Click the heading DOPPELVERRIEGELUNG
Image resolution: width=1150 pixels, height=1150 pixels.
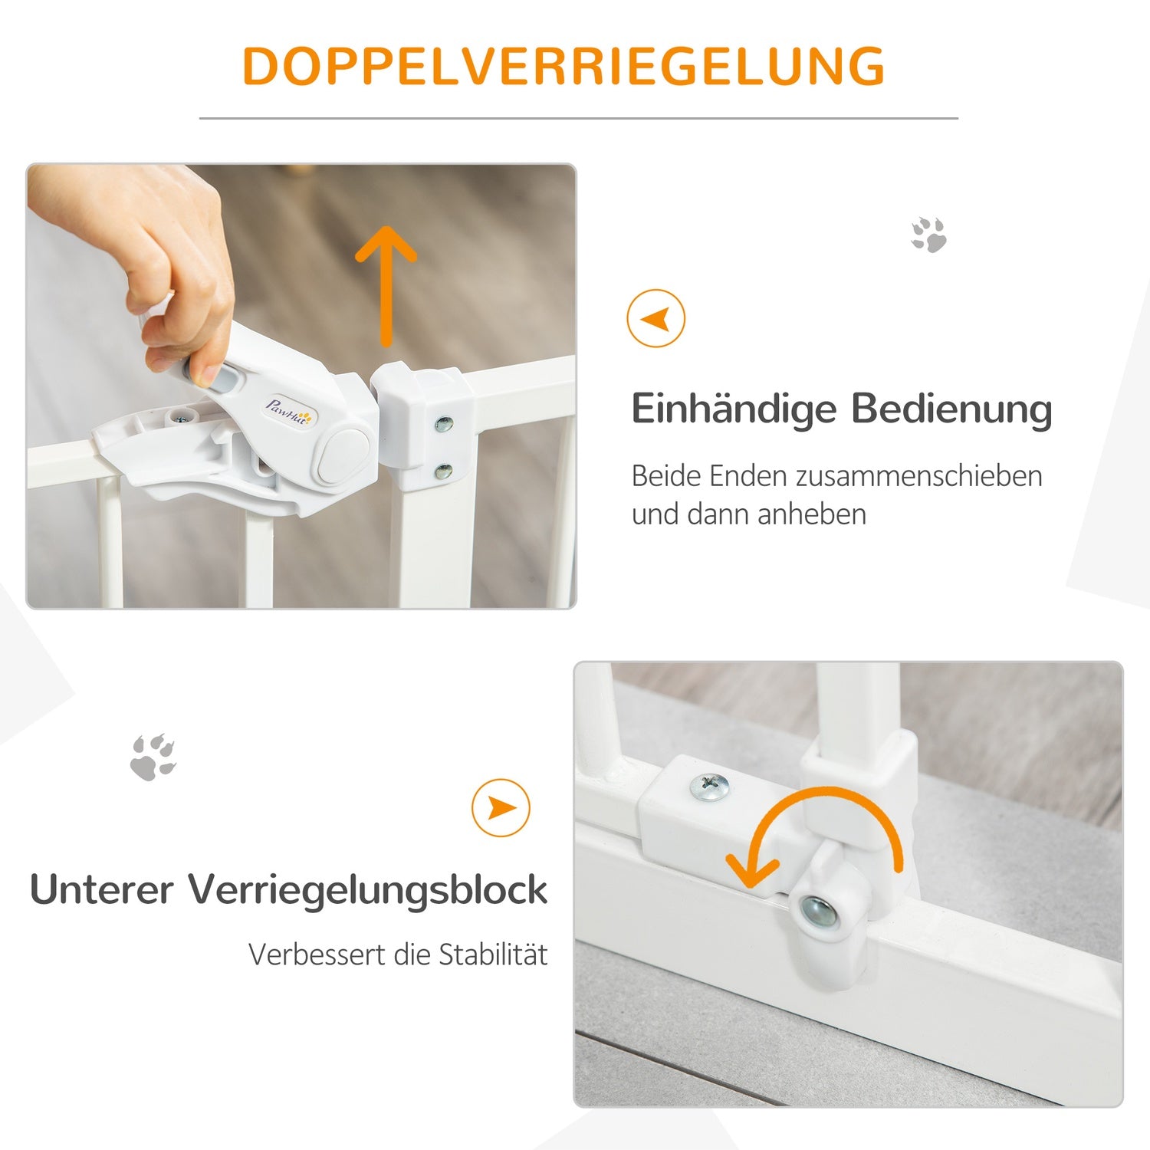pos(563,66)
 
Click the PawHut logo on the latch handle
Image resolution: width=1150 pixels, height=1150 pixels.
pos(288,412)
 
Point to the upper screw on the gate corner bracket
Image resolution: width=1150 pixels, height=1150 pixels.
pos(443,423)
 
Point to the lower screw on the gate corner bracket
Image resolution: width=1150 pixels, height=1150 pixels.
pos(443,472)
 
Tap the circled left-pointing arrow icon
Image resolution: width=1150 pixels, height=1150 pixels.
pos(655,318)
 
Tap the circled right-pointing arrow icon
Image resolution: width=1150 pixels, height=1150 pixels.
pos(501,807)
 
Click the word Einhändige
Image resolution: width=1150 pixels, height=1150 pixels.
pos(734,409)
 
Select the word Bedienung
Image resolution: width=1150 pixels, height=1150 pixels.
pos(951,409)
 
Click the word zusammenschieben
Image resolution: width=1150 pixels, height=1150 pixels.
pos(919,476)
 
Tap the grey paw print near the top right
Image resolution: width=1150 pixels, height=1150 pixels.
pos(928,235)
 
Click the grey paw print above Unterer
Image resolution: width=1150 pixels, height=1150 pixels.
pos(153,757)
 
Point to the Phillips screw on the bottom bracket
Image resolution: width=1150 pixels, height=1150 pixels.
pos(709,787)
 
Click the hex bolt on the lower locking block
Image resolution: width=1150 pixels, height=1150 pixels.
pos(819,911)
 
